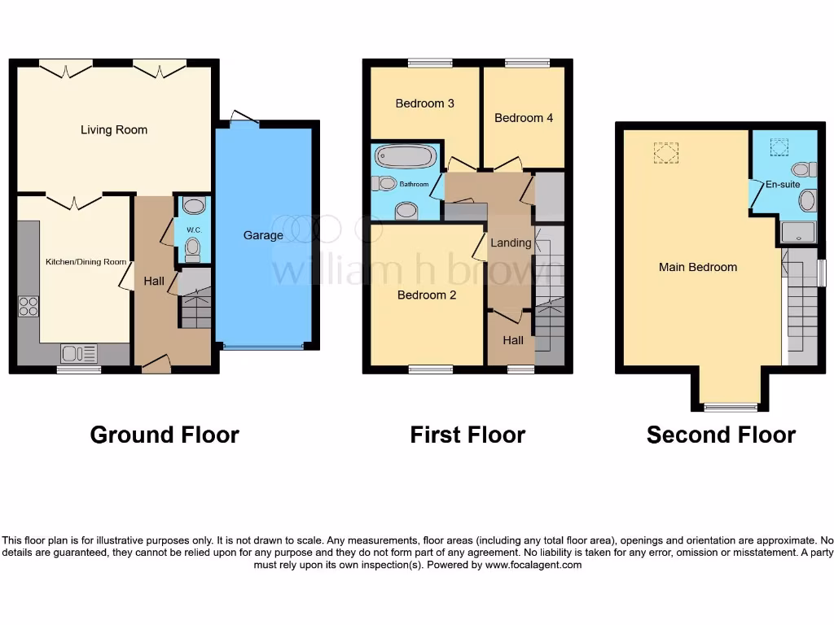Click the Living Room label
click(x=114, y=129)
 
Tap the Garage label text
click(x=263, y=235)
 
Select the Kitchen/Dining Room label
click(x=86, y=262)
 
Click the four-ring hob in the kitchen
click(x=29, y=307)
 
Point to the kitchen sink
click(x=79, y=353)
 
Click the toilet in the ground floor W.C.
click(x=193, y=246)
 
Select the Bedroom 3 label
click(x=424, y=103)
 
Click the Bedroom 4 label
click(x=524, y=118)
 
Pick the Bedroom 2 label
click(x=427, y=295)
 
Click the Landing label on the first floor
click(x=511, y=243)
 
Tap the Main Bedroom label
click(x=698, y=267)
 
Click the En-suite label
click(x=783, y=185)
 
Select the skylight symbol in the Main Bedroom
click(x=666, y=152)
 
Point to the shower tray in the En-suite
click(x=798, y=233)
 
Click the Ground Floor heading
click(x=165, y=435)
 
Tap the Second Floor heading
click(x=721, y=435)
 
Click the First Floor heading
click(x=467, y=435)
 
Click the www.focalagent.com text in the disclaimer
click(x=533, y=565)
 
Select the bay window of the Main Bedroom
click(x=731, y=407)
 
